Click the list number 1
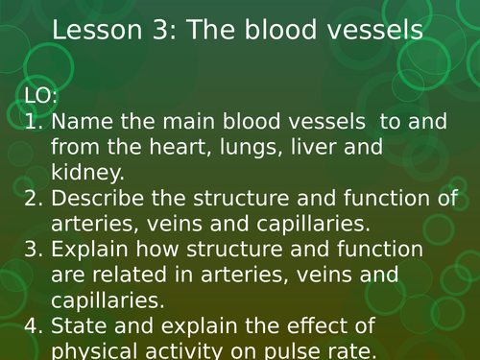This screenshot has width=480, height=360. point(30,123)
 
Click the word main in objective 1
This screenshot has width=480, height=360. point(189,123)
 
